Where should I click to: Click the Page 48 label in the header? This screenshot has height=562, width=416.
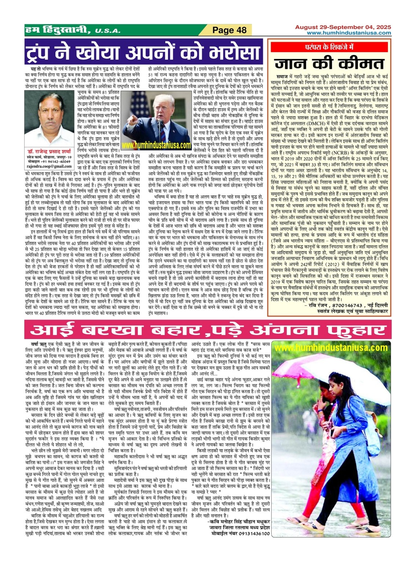pyautogui.click(x=229, y=30)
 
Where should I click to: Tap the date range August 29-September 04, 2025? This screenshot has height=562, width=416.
pyautogui.click(x=343, y=27)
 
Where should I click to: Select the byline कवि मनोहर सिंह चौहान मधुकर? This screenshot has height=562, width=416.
pyautogui.click(x=239, y=521)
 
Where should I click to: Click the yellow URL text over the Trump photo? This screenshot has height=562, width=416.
pyautogui.click(x=158, y=145)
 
